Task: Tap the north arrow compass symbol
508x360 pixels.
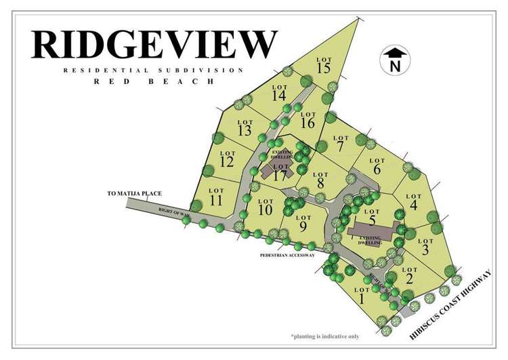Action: pos(395,60)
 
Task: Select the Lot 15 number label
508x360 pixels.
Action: pos(323,68)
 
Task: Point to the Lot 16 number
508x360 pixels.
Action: pos(308,123)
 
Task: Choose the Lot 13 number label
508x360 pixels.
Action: pos(245,130)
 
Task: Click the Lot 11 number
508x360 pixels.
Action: pos(216,201)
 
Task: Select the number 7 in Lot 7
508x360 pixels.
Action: pos(340,146)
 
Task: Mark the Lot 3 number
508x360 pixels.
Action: pos(425,250)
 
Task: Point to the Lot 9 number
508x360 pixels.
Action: pos(303,226)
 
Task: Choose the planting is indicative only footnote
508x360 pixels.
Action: pos(325,336)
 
